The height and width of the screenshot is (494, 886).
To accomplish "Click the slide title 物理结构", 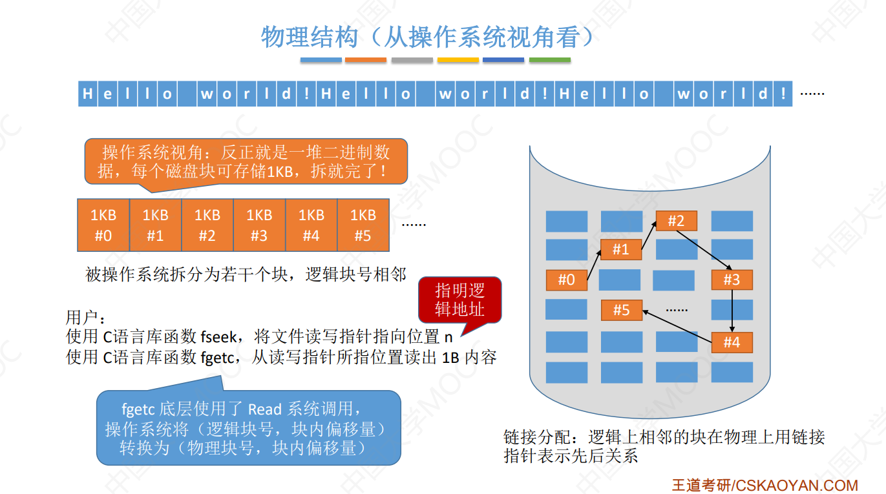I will coord(309,37).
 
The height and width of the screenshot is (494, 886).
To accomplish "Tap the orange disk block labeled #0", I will coord(567,280).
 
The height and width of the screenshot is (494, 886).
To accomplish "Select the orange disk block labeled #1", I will coord(621,249).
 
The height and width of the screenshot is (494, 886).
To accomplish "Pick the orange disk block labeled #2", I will coord(676,221).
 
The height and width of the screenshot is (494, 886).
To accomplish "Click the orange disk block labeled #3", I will coord(732,280).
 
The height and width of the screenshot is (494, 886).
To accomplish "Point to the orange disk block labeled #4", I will coord(732,342).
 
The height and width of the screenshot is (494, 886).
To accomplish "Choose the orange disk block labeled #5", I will coord(621,310).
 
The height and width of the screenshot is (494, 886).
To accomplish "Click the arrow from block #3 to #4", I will coord(732,311).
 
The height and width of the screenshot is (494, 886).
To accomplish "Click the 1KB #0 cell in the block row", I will coord(103,225).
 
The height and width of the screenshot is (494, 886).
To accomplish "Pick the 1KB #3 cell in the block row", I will coord(259,225).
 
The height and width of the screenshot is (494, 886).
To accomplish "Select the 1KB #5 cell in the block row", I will coord(363,225).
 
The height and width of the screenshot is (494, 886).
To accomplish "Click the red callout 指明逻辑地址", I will coord(460,300).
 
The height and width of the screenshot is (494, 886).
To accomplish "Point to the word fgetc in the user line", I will coord(217,357).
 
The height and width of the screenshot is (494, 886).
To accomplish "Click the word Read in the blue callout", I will coord(265,409).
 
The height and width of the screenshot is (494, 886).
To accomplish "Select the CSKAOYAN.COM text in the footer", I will coord(796,485).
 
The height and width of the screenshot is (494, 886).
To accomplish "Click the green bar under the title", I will coord(549,60).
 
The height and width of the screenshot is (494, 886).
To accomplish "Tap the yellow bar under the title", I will coord(458,60).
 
